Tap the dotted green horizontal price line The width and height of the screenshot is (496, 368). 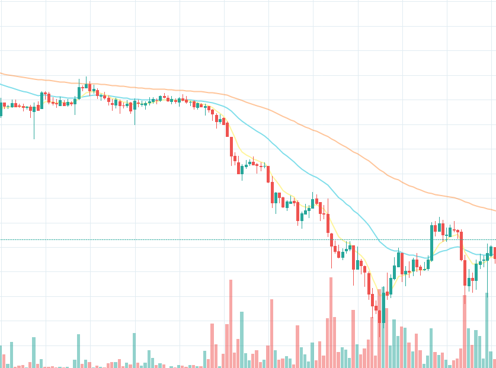point(178,239)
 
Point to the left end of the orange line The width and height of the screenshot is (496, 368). point(1,73)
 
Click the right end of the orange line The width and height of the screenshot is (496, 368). point(495,210)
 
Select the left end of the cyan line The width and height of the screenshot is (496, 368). point(1,84)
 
